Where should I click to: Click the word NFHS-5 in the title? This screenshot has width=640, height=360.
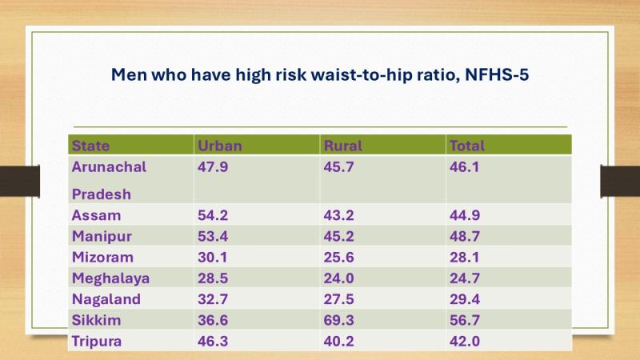click(497, 74)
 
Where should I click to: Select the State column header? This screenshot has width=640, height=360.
click(90, 146)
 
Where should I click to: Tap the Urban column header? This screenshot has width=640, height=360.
click(219, 146)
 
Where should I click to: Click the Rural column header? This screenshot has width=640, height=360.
click(343, 146)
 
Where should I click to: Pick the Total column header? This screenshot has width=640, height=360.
click(467, 146)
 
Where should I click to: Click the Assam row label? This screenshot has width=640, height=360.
click(96, 215)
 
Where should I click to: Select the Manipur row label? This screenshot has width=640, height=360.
click(102, 237)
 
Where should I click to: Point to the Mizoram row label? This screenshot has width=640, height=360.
click(102, 257)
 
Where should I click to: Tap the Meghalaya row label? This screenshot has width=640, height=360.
click(110, 278)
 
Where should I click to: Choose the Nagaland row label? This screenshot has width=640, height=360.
click(106, 299)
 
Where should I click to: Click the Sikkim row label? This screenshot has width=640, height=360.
click(96, 320)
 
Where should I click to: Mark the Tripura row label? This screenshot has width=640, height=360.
click(97, 342)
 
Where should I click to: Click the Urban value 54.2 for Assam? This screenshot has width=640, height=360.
click(213, 215)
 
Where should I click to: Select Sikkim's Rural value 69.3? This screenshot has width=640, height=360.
click(338, 320)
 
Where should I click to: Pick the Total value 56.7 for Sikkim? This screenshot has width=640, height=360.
click(465, 320)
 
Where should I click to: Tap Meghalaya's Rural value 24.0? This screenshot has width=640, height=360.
click(338, 278)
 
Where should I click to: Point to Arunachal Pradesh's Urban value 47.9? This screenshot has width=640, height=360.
click(213, 167)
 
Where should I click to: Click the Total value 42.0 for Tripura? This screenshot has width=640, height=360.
click(465, 342)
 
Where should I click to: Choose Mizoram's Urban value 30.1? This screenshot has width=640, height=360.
click(213, 257)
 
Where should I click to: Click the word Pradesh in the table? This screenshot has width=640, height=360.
click(102, 194)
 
